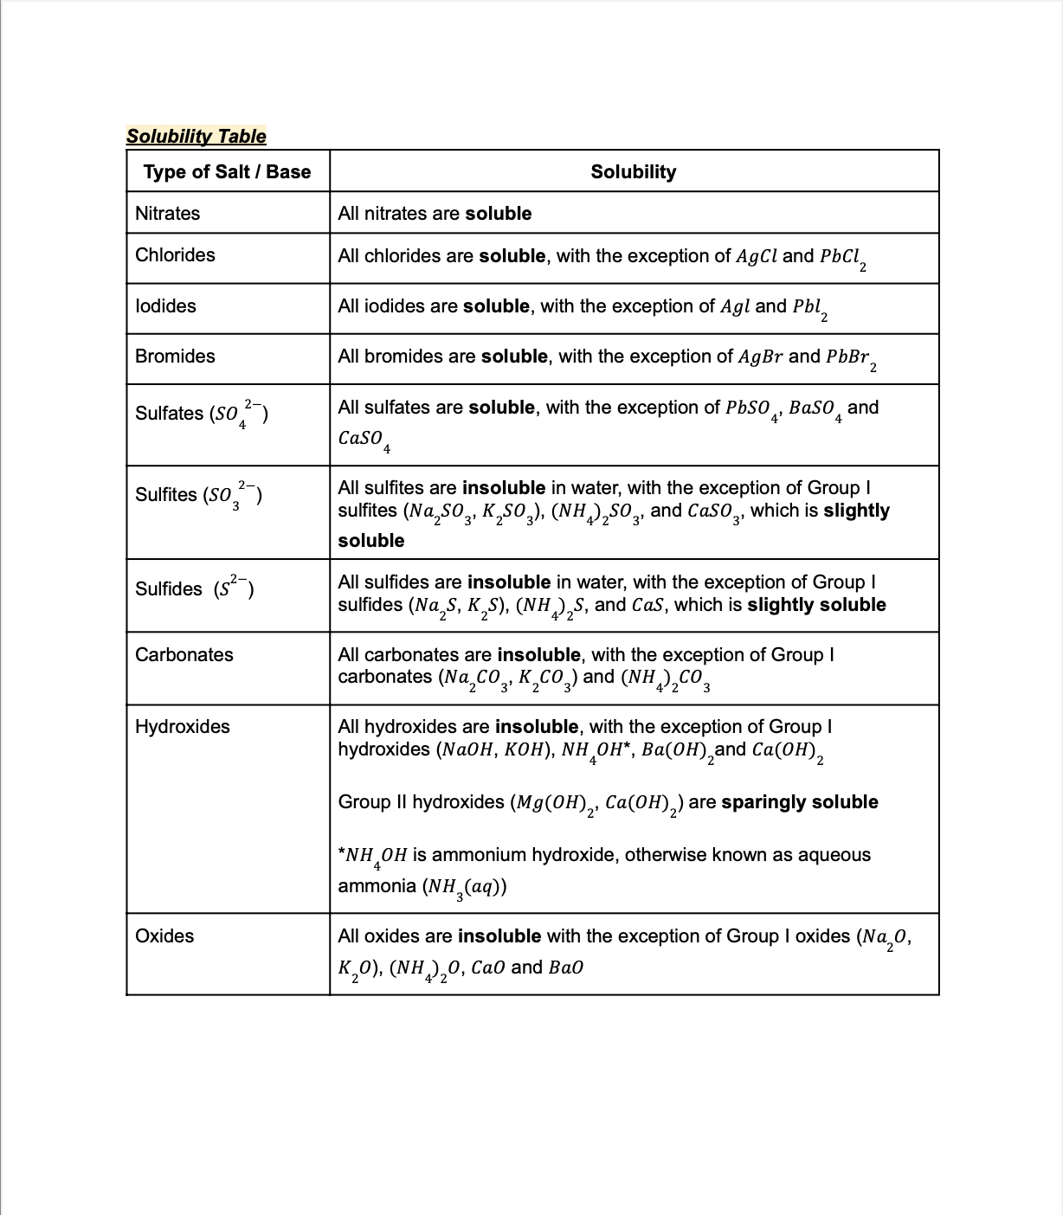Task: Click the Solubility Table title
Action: pyautogui.click(x=196, y=137)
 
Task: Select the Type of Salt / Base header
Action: pyautogui.click(x=227, y=171)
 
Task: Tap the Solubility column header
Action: pyautogui.click(x=633, y=171)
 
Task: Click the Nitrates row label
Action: pyautogui.click(x=167, y=214)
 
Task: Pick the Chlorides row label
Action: pyautogui.click(x=175, y=255)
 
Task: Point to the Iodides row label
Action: pyautogui.click(x=165, y=306)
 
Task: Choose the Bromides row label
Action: pyautogui.click(x=175, y=357)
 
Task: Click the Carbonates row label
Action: pyautogui.click(x=184, y=655)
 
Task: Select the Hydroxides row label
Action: pyautogui.click(x=182, y=727)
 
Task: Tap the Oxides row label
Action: pyautogui.click(x=164, y=936)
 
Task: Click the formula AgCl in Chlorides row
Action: pyautogui.click(x=757, y=256)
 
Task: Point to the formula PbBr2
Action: pyautogui.click(x=851, y=358)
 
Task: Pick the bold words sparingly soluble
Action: pyautogui.click(x=799, y=802)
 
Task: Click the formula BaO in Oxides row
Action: pyautogui.click(x=566, y=967)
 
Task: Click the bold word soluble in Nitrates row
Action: pyautogui.click(x=498, y=214)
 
